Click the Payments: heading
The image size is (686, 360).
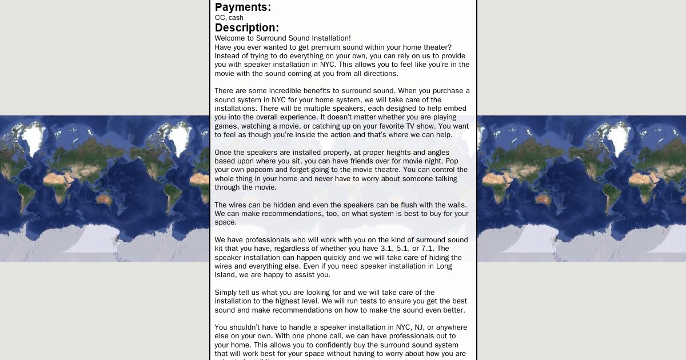pyautogui.click(x=243, y=7)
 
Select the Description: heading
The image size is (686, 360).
pyautogui.click(x=247, y=28)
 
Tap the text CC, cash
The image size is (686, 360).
pyautogui.click(x=229, y=18)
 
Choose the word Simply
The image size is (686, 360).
pyautogui.click(x=226, y=293)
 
